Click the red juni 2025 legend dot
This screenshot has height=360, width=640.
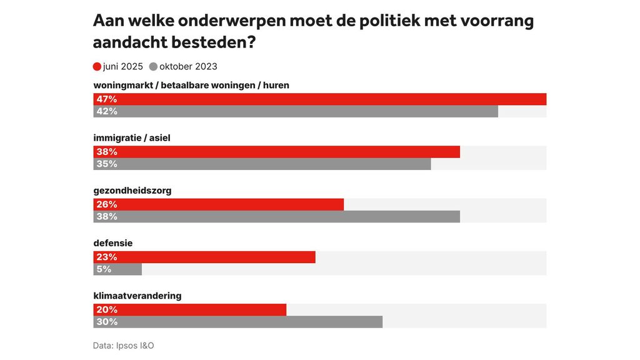pos(97,67)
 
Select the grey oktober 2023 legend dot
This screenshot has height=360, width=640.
pos(153,67)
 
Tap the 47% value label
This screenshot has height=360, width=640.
pos(107,99)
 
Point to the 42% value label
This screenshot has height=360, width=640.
pos(107,111)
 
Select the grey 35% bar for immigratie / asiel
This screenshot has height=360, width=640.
pos(262,164)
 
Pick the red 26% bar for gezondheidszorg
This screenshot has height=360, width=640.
pos(219,204)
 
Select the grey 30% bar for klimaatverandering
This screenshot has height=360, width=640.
pos(238,322)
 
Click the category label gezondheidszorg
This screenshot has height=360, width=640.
pos(132,190)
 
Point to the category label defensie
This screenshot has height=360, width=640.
pos(113,242)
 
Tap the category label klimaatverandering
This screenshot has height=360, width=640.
pos(137,295)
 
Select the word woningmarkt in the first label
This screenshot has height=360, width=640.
pos(124,85)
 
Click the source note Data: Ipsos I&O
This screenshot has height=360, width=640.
pos(123,345)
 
